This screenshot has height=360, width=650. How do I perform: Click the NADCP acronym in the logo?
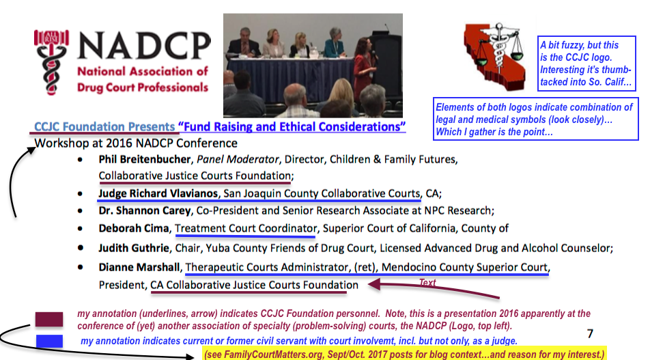click(x=144, y=45)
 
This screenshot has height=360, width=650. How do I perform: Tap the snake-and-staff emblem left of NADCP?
click(x=51, y=62)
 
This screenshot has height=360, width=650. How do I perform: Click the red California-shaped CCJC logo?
click(x=494, y=56)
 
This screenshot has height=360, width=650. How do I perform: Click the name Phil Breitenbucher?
click(x=145, y=159)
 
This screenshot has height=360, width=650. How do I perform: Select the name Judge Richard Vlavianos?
click(x=158, y=193)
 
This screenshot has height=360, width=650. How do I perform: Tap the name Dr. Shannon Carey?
click(x=144, y=210)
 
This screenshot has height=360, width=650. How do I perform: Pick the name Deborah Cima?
click(x=134, y=228)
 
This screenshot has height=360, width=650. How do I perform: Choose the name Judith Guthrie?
click(x=134, y=248)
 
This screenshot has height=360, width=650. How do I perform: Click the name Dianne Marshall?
click(x=139, y=267)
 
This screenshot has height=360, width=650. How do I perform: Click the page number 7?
click(x=591, y=333)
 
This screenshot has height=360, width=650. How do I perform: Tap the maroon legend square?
click(x=49, y=320)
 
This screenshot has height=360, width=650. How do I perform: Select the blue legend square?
click(x=49, y=341)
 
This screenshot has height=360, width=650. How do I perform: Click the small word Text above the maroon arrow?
click(x=427, y=282)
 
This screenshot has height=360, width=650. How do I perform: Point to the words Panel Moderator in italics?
click(x=238, y=159)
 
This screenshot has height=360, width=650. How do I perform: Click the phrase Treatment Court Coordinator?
click(x=246, y=228)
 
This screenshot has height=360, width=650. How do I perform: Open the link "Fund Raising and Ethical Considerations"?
click(x=292, y=126)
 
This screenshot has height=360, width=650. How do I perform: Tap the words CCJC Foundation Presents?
click(x=104, y=126)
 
